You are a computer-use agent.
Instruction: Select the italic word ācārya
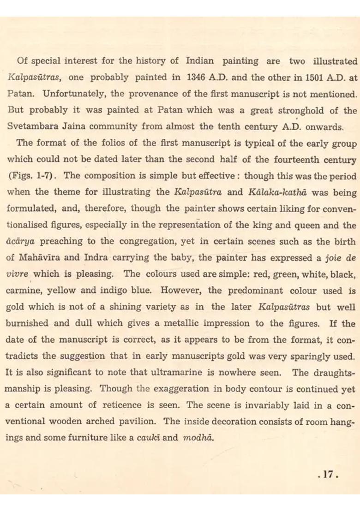(21, 241)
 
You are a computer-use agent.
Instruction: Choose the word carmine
(24, 291)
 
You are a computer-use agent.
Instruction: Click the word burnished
(29, 323)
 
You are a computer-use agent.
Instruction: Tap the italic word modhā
(198, 438)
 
